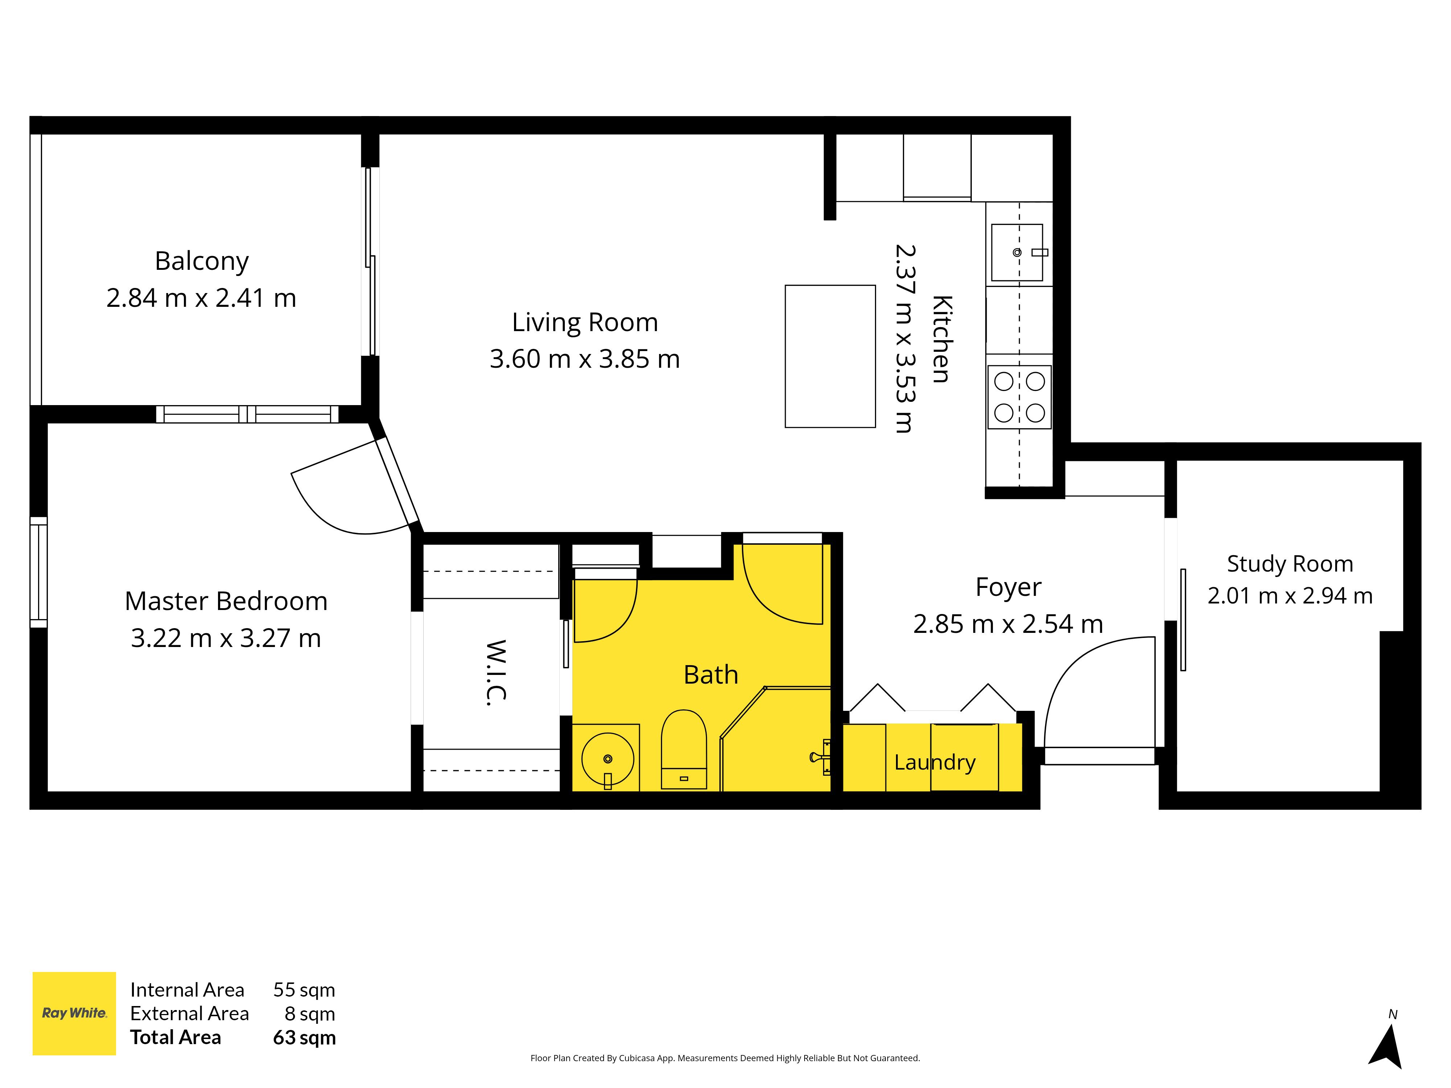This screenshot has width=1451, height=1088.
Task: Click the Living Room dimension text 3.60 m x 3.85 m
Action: (584, 359)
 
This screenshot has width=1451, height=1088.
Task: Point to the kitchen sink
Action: (1018, 252)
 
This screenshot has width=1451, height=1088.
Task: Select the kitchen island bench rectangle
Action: (830, 356)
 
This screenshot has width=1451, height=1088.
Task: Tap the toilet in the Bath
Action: (683, 749)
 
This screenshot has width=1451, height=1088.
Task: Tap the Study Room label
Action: (1290, 563)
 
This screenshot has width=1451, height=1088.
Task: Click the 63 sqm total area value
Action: (304, 1038)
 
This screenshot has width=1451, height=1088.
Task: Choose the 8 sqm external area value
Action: (310, 1014)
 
